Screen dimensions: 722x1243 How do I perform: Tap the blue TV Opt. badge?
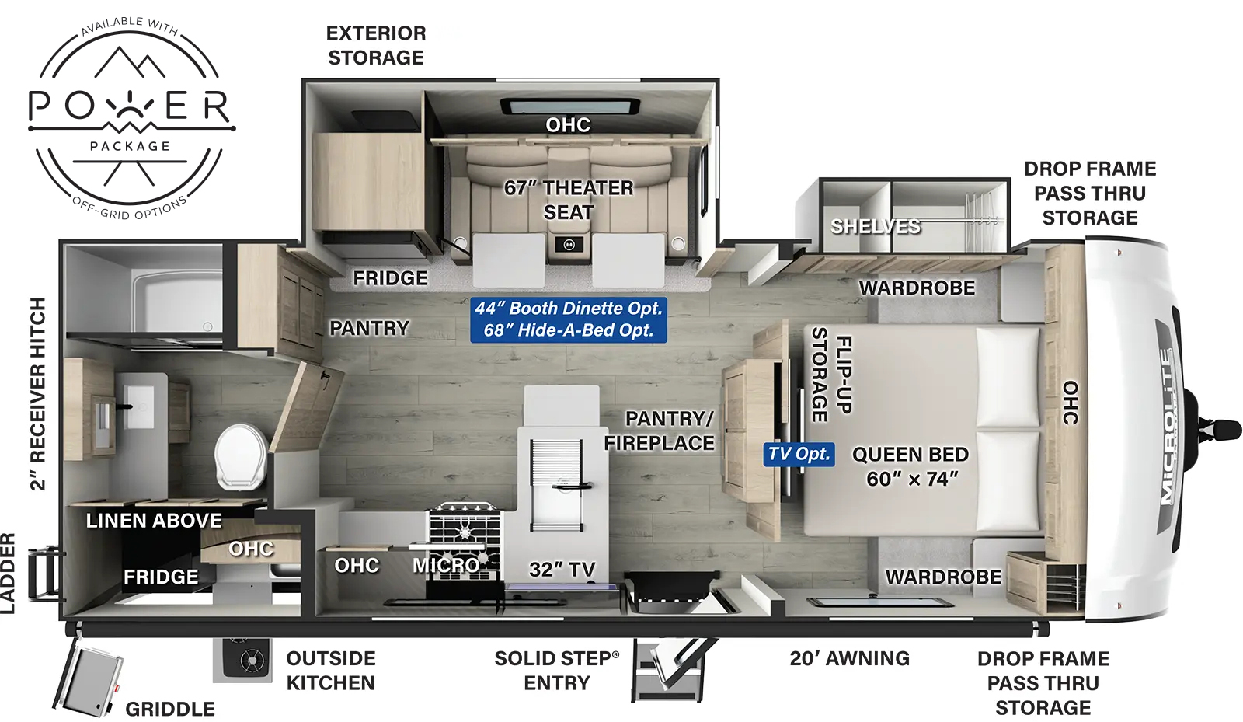pyautogui.click(x=799, y=454)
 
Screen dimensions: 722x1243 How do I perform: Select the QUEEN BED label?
pyautogui.click(x=910, y=466)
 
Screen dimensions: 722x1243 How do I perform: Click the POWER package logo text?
pyautogui.click(x=130, y=107)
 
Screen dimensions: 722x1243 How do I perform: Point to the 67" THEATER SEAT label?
pyautogui.click(x=569, y=200)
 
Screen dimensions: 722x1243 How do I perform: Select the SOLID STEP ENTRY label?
pyautogui.click(x=556, y=671)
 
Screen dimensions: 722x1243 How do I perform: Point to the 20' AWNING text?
pyautogui.click(x=849, y=659)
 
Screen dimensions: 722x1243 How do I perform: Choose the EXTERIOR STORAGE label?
pyautogui.click(x=376, y=45)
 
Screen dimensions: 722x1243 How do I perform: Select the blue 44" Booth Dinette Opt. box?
pyautogui.click(x=569, y=319)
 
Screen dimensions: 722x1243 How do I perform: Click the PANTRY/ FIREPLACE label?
pyautogui.click(x=660, y=431)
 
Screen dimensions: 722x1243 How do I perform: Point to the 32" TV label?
pyautogui.click(x=562, y=570)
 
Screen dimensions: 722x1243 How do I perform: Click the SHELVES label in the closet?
pyautogui.click(x=876, y=227)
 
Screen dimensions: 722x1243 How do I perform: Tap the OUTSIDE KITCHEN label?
pyautogui.click(x=331, y=671)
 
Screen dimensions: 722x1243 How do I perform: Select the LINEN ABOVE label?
pyautogui.click(x=154, y=521)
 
